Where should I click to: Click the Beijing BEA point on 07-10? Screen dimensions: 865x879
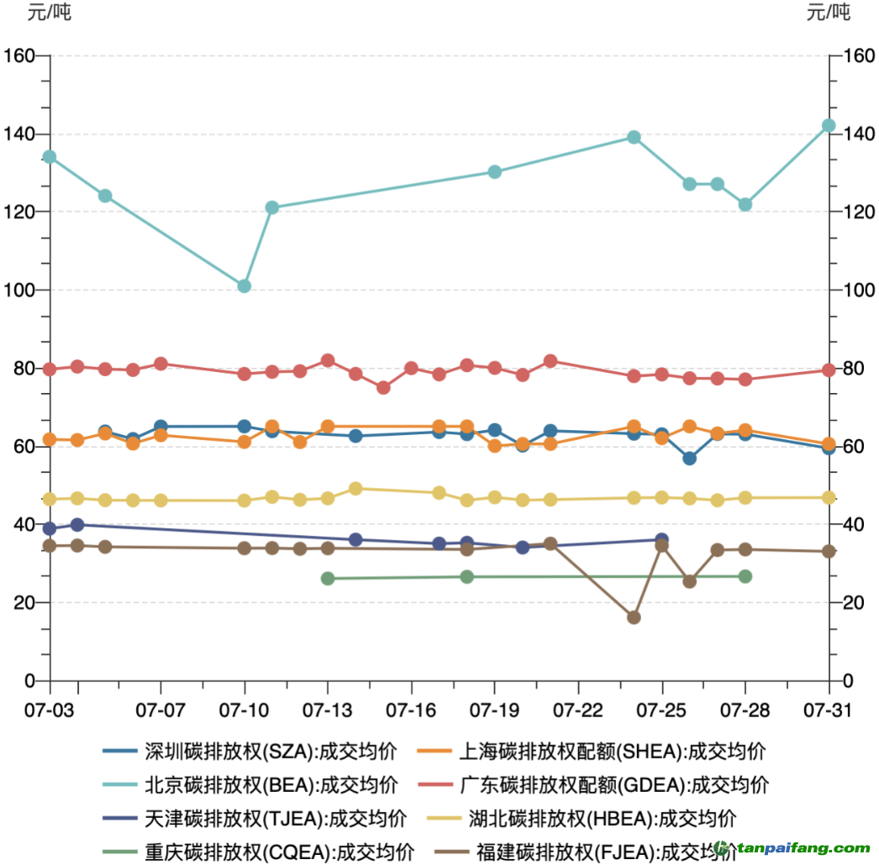(245, 286)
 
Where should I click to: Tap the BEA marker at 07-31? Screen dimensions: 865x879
(829, 126)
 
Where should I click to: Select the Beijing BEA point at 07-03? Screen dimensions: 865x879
(50, 157)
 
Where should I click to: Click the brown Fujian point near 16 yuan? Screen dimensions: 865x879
(634, 617)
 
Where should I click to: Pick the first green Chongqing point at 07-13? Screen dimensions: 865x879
(328, 579)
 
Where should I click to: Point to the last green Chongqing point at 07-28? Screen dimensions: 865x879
(745, 577)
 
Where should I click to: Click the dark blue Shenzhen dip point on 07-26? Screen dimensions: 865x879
(689, 459)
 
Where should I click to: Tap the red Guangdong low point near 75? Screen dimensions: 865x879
(383, 388)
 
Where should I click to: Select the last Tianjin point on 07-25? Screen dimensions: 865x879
(661, 539)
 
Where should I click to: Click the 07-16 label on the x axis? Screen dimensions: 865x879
(411, 710)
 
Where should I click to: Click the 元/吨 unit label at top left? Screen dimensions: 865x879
(50, 13)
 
